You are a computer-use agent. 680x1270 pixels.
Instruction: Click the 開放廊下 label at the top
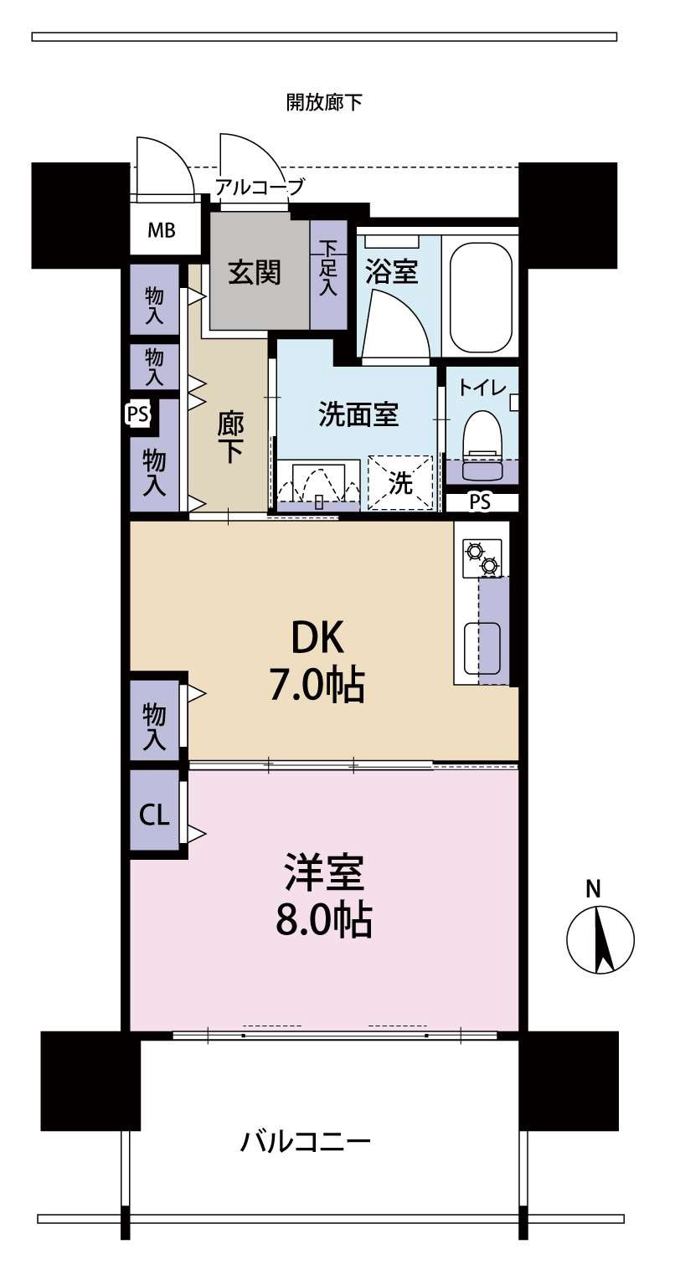coord(324,103)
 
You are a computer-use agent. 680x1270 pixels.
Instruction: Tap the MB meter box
coord(162,230)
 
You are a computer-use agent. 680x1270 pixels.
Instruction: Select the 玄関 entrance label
coord(255,273)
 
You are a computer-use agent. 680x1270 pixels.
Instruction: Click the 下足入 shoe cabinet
coord(328,275)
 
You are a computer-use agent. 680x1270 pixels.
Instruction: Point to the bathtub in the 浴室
coord(481,292)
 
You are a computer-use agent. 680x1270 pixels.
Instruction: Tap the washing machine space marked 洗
coord(400,482)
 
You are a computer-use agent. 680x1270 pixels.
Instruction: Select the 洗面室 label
coord(358,414)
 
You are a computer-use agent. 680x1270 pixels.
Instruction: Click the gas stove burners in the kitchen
coord(482,558)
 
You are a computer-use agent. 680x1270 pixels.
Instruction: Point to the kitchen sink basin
coord(482,647)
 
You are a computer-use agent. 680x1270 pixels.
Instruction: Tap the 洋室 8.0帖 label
coord(324,895)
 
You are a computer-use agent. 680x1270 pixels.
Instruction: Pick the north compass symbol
coord(600,938)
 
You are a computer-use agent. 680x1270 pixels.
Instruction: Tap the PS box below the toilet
coord(481,502)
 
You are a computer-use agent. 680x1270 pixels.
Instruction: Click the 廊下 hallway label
coord(229,439)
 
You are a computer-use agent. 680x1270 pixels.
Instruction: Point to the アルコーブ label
coord(259,187)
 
